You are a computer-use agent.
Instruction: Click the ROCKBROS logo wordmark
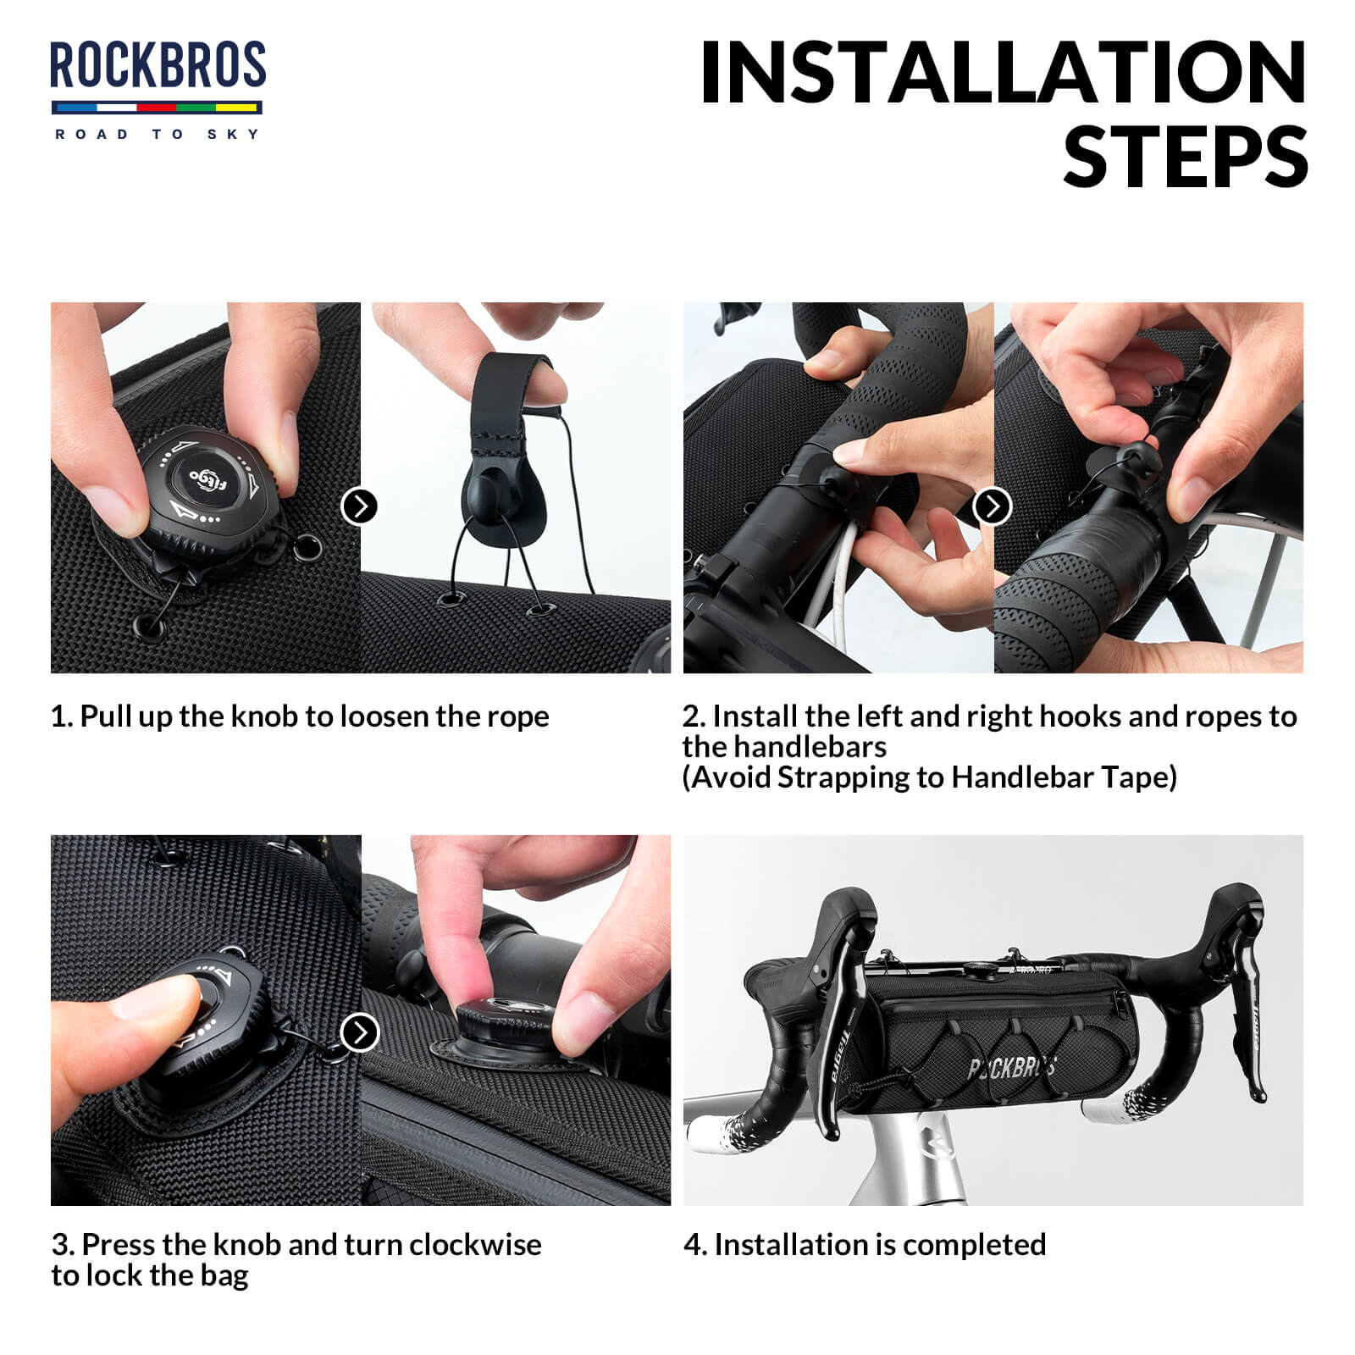(158, 66)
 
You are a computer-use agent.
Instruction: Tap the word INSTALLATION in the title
(1003, 75)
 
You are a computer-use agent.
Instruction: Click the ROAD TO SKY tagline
(158, 134)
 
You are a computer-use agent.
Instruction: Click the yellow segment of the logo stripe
(236, 108)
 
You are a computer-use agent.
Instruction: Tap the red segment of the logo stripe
(156, 108)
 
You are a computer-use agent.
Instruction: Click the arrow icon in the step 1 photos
(359, 506)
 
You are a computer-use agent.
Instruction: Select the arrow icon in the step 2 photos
(993, 506)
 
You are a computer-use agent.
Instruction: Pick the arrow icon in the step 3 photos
(359, 1033)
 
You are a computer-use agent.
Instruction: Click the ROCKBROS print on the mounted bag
(1012, 1069)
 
